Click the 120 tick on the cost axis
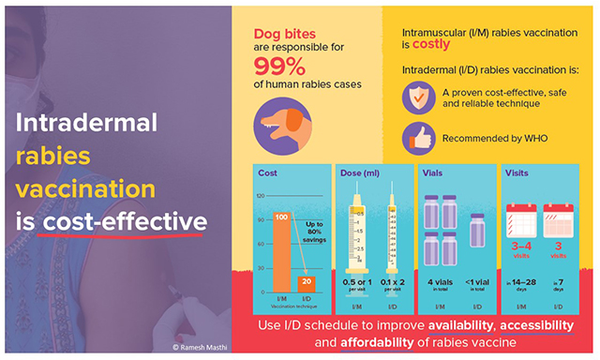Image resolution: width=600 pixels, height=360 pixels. (259, 195)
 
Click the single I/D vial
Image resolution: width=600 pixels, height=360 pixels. (476, 230)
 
